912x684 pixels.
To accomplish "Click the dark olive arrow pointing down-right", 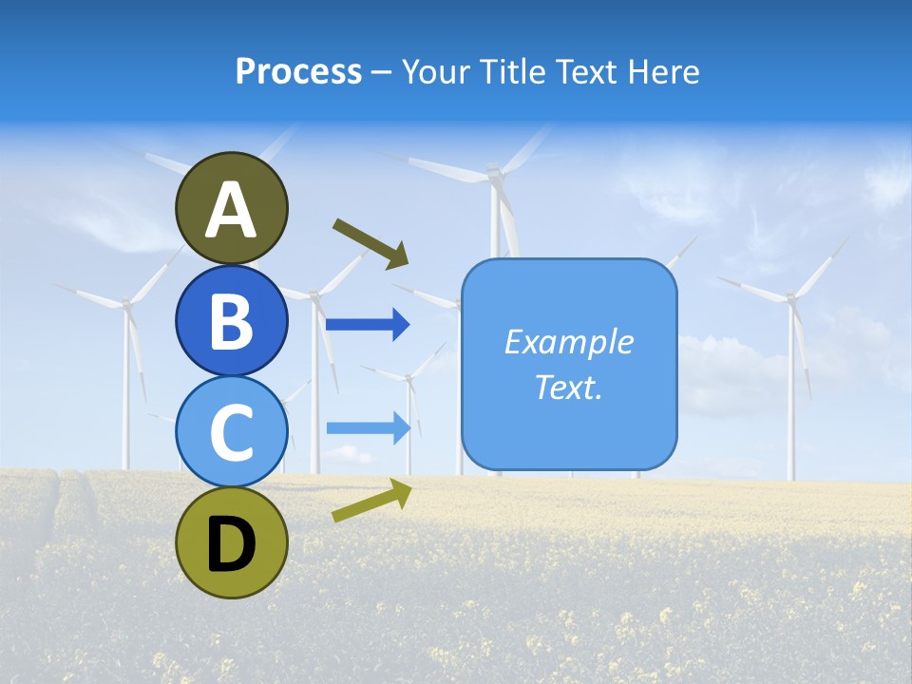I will point(370,243).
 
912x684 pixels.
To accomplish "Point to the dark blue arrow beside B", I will point(368,325).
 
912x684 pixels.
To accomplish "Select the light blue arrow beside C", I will point(368,427).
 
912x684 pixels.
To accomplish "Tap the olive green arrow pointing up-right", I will point(371,500).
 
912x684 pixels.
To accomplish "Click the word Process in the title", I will point(298,72).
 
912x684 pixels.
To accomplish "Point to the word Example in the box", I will point(568,342).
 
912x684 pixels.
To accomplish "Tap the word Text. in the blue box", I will point(568,388).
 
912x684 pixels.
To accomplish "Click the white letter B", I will point(232,321).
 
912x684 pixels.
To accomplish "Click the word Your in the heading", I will point(436,72).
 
